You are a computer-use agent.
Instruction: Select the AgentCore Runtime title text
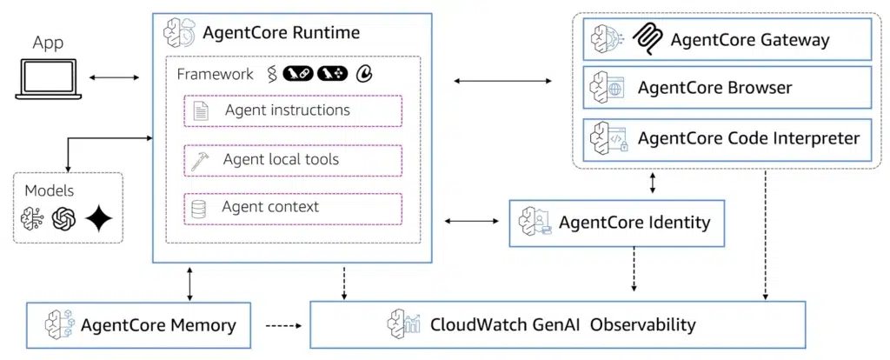(281, 34)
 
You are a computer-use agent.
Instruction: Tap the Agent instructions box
(293, 111)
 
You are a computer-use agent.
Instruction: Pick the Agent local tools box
(293, 160)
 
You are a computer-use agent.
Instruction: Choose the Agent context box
(293, 208)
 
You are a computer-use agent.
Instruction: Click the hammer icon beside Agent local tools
(200, 160)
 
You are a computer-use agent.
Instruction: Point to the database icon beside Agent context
(200, 209)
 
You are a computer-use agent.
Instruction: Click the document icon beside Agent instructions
(200, 111)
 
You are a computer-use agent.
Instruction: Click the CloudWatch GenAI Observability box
(557, 325)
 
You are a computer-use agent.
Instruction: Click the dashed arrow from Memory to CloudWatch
(281, 326)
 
